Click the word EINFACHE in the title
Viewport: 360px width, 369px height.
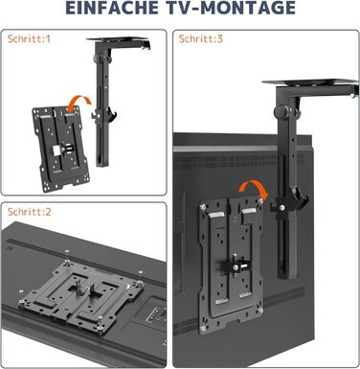pos(112,8)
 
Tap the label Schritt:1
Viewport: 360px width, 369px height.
pos(29,39)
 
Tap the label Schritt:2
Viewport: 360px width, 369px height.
pos(30,212)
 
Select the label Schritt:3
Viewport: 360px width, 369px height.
pos(201,39)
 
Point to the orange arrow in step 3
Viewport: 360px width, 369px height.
pos(254,186)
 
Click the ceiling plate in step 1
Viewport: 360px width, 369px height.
pos(118,39)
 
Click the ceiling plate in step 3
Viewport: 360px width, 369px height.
pos(309,83)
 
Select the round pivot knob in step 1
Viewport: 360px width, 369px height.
pos(99,59)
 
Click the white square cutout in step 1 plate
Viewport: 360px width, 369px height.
pos(57,150)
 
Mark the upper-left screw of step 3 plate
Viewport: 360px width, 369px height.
pos(203,207)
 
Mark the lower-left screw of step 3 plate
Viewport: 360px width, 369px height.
pos(203,329)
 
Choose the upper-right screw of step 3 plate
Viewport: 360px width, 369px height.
pos(261,201)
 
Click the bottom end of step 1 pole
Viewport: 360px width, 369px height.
pos(102,165)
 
